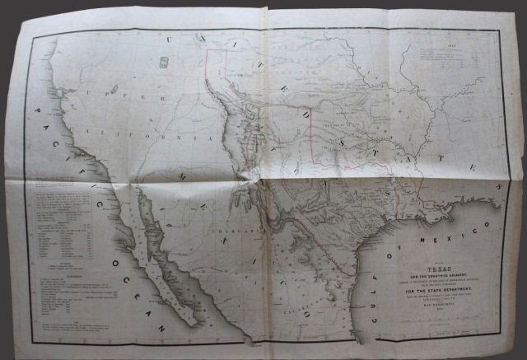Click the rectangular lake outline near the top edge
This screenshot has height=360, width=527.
(163, 62)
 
